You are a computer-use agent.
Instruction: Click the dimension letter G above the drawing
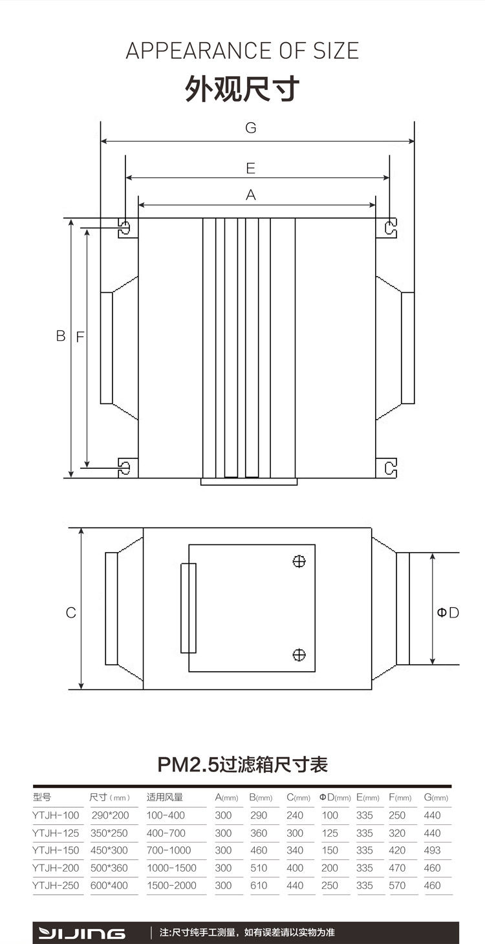coord(251,127)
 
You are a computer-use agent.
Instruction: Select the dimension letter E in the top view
coord(251,168)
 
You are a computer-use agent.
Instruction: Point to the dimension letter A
coord(251,195)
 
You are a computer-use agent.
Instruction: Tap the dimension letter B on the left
coord(61,336)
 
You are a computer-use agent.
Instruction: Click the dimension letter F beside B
coord(80,337)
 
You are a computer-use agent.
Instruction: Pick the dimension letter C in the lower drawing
coord(70,612)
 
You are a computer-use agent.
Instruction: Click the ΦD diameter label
coord(448,612)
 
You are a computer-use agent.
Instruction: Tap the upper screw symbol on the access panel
coord(299,561)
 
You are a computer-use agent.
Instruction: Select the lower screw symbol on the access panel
coord(299,655)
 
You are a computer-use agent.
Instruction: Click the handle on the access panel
coord(188,608)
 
